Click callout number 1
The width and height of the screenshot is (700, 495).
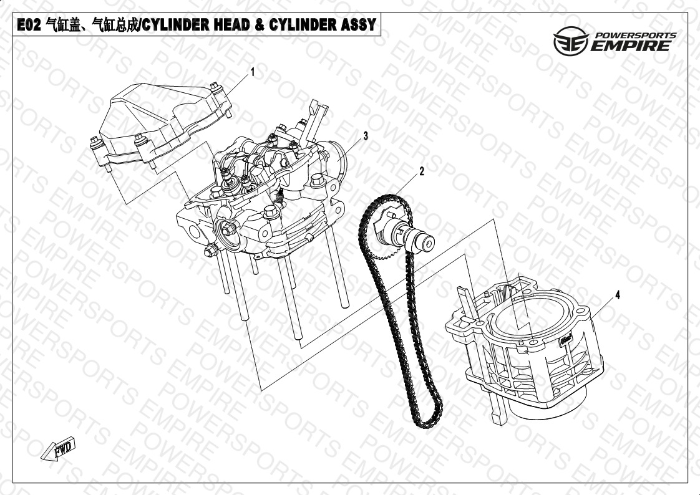coord(253,72)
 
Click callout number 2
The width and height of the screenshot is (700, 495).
coord(421,171)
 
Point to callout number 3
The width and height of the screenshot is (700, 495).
coord(366,135)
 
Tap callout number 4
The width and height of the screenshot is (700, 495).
coord(618,295)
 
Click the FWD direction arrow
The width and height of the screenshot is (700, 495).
coord(59,449)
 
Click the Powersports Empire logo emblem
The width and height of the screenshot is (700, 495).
coord(570,41)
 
